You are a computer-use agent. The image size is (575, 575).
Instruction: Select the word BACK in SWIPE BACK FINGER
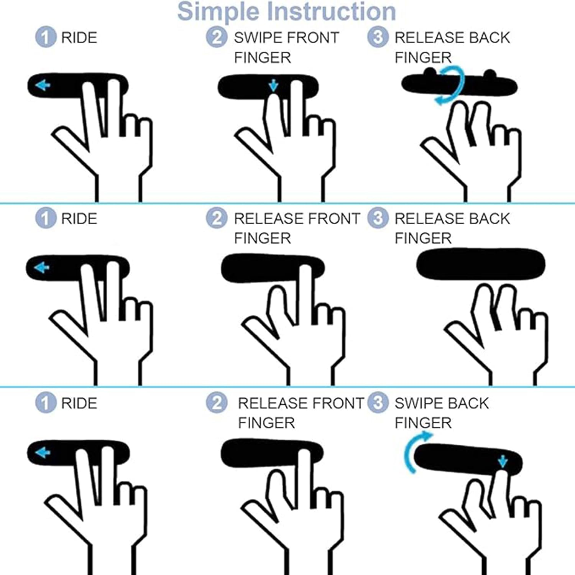point(466,403)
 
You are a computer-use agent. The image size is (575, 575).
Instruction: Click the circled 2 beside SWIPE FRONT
point(217,38)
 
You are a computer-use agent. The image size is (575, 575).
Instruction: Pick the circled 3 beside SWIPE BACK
point(378,403)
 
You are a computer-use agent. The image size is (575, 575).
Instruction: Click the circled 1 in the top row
point(46,38)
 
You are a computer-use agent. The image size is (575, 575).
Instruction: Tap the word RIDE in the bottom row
point(79,403)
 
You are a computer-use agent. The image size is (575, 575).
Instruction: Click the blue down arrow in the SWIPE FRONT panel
point(273,85)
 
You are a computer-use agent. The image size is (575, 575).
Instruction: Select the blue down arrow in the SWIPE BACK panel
point(503,462)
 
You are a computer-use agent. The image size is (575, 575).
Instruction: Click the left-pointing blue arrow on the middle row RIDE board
point(42,267)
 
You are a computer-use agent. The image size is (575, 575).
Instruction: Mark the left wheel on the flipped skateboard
point(430,72)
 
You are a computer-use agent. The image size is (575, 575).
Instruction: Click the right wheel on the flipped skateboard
point(490,73)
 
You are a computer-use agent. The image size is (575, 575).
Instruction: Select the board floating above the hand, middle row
point(481,264)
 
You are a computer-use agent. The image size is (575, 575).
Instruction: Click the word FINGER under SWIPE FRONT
point(263,58)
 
